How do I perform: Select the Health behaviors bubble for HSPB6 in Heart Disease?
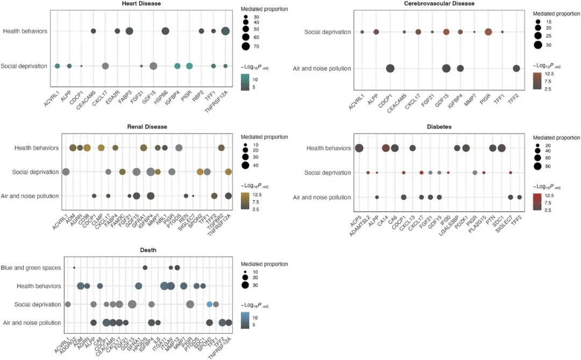point(165,31)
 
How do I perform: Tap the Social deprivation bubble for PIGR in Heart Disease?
point(189,66)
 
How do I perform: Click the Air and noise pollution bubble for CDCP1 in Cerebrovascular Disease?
point(390,68)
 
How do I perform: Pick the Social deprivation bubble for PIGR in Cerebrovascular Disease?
point(488,32)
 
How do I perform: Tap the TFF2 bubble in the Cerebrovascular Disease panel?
point(516,68)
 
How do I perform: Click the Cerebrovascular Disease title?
point(439,4)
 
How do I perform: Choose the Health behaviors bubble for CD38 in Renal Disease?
point(87,148)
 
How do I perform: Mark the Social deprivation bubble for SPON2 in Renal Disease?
point(200,172)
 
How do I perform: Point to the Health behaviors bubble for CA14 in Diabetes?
point(385,149)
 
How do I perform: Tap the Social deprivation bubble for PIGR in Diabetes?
point(474,173)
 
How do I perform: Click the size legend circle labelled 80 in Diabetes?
point(536,166)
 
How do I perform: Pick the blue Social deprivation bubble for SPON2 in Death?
point(209,304)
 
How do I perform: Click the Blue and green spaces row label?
point(31,267)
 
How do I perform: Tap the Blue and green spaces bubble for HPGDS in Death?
point(145,267)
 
